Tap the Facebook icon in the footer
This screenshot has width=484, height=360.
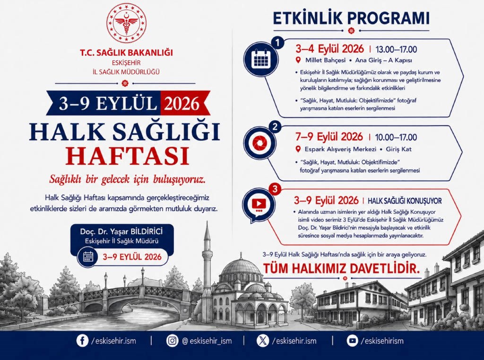(82, 341)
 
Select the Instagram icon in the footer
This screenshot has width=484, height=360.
(172, 341)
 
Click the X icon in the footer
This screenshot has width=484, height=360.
(263, 341)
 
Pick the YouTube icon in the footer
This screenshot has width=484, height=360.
(352, 341)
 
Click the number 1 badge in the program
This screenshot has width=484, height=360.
(278, 43)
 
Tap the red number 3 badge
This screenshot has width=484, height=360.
(275, 189)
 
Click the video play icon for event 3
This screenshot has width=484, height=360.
(259, 204)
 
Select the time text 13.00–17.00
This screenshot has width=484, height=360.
(396, 50)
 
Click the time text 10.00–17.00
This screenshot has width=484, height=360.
(396, 137)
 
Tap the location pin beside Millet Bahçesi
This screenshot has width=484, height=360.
(298, 60)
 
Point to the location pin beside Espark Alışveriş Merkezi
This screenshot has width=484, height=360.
(298, 149)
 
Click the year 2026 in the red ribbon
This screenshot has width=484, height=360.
(182, 104)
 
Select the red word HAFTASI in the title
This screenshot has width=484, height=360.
(127, 156)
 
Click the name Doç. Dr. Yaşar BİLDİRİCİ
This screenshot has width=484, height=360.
(121, 231)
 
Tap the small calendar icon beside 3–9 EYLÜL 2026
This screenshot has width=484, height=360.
(88, 257)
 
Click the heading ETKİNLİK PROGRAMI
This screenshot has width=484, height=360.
(351, 18)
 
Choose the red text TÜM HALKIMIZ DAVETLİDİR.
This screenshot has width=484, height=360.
(341, 268)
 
